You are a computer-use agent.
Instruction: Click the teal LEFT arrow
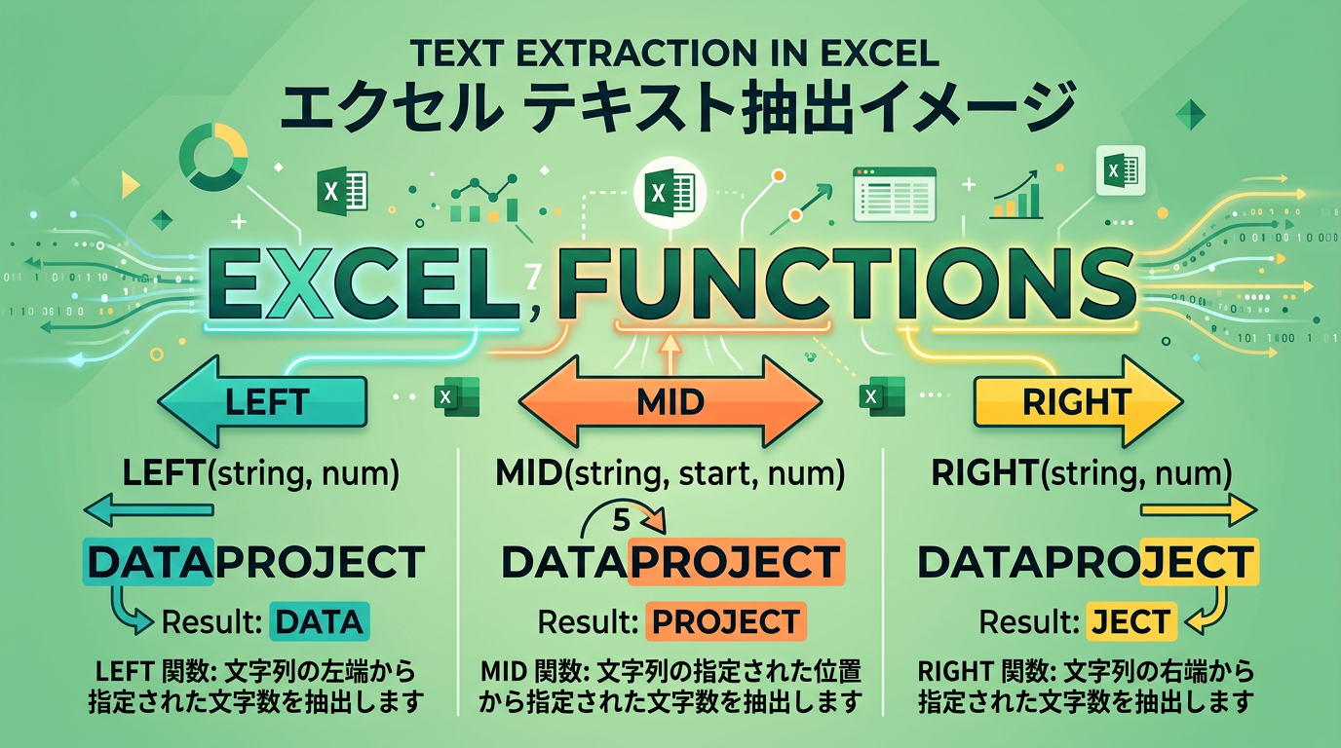tap(261, 401)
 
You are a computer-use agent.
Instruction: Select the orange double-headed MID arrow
tap(670, 401)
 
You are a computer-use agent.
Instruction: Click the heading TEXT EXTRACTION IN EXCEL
tap(670, 50)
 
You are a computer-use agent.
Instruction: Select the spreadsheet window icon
tap(894, 193)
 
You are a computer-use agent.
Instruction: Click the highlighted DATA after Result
tap(316, 621)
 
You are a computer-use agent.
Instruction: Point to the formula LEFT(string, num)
tap(261, 474)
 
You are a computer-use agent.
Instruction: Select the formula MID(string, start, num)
tap(670, 474)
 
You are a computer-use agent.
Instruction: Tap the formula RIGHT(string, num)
tap(1081, 474)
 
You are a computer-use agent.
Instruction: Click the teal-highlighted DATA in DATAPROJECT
tap(149, 562)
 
